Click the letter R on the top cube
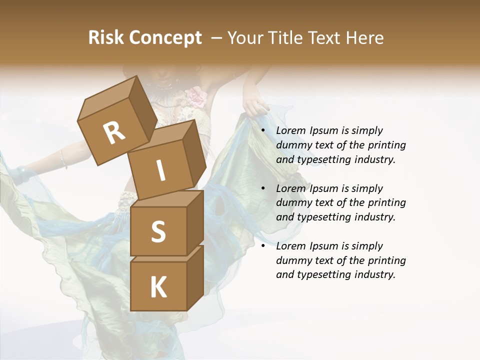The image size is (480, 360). (114, 133)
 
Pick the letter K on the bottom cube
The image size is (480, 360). (158, 287)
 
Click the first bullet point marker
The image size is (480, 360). (263, 131)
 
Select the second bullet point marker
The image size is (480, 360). (263, 189)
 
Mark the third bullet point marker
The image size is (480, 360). (263, 246)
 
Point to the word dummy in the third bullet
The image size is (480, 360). (293, 260)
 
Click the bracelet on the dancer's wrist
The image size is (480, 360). (63, 159)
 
